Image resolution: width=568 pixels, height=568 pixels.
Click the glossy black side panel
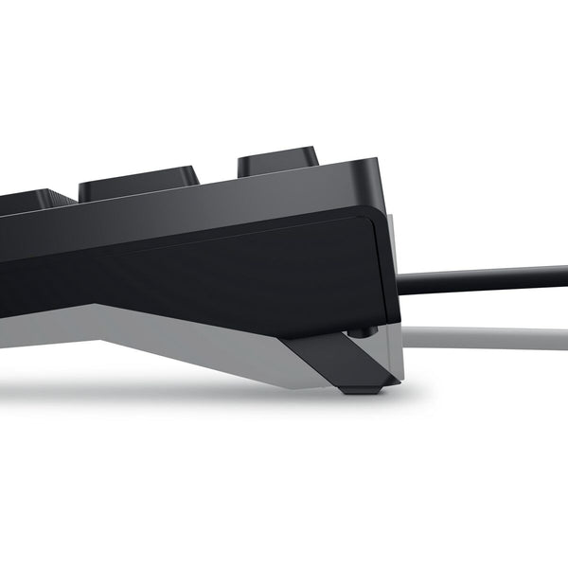tap(237, 275)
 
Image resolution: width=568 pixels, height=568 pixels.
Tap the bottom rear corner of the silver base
tap(398, 379)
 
